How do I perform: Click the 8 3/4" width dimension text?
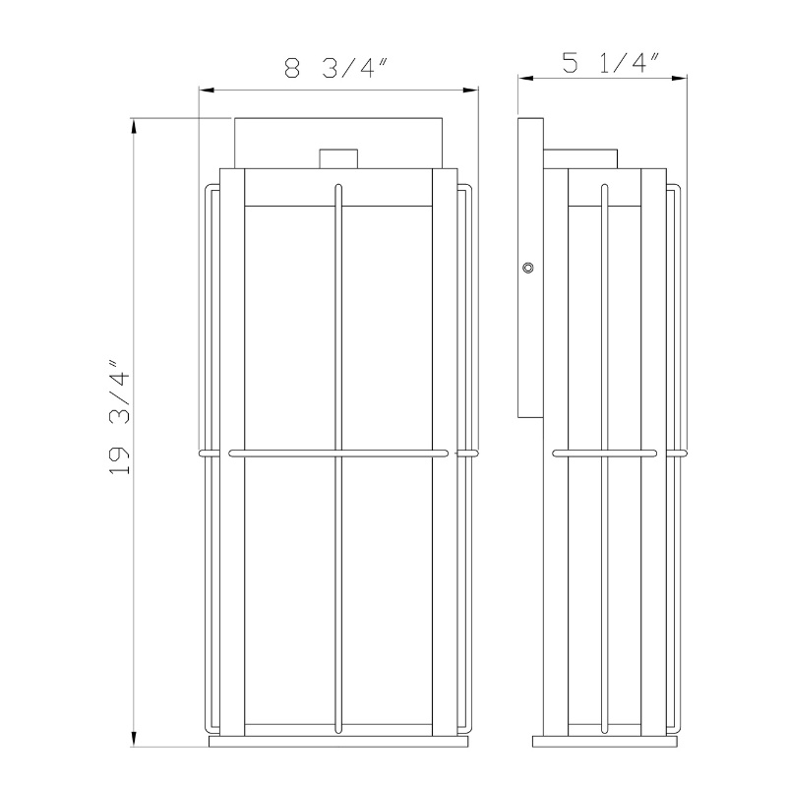pos(338,68)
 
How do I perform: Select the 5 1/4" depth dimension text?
pos(610,64)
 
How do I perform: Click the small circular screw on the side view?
pos(529,267)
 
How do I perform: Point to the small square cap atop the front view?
pos(339,158)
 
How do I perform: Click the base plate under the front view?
pos(339,742)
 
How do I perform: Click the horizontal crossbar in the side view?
pos(605,454)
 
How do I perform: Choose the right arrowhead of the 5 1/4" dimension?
pos(680,80)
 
